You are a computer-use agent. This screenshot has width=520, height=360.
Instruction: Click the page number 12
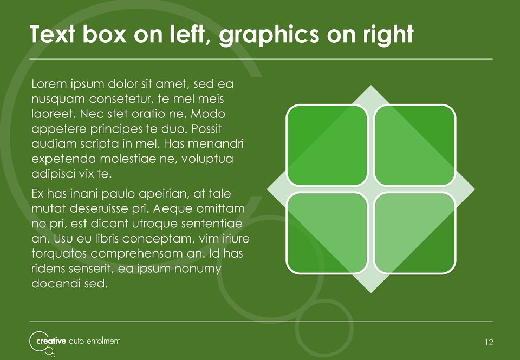[x=489, y=343]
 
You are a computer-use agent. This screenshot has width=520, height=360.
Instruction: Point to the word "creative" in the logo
[x=51, y=341]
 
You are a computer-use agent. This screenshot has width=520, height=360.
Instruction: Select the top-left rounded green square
[x=327, y=145]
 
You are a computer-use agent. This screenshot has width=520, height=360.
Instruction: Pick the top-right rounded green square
[x=414, y=145]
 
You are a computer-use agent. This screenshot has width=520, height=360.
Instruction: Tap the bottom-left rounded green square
[x=327, y=233]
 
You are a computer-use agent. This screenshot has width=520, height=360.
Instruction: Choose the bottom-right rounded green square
[x=414, y=233]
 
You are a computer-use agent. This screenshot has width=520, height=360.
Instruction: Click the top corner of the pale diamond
[x=370, y=86]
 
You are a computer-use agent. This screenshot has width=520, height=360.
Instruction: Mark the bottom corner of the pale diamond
[x=370, y=293]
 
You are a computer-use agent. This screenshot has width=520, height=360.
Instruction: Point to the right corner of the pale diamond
[x=474, y=189]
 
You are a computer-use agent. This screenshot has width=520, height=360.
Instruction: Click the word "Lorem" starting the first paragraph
[x=49, y=84]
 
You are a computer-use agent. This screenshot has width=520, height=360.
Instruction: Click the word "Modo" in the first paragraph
[x=208, y=114]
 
